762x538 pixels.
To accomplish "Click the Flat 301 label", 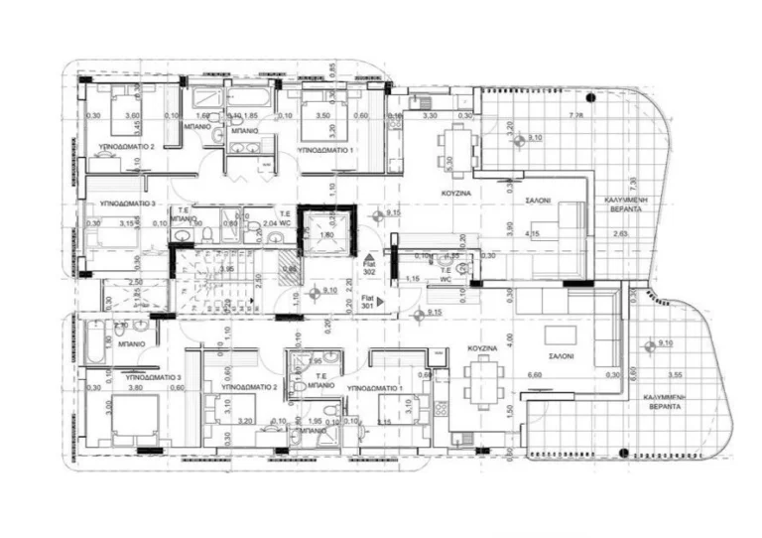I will point(368,303).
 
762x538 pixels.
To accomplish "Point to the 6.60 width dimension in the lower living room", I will point(535,375).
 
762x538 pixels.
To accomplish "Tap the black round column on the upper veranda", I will point(590,97).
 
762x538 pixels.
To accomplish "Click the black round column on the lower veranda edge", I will point(621,454).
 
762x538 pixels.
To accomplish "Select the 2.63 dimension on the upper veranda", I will point(622,233).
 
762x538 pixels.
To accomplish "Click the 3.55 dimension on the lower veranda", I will point(678,375).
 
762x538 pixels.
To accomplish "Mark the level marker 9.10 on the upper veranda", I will point(533,137).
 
